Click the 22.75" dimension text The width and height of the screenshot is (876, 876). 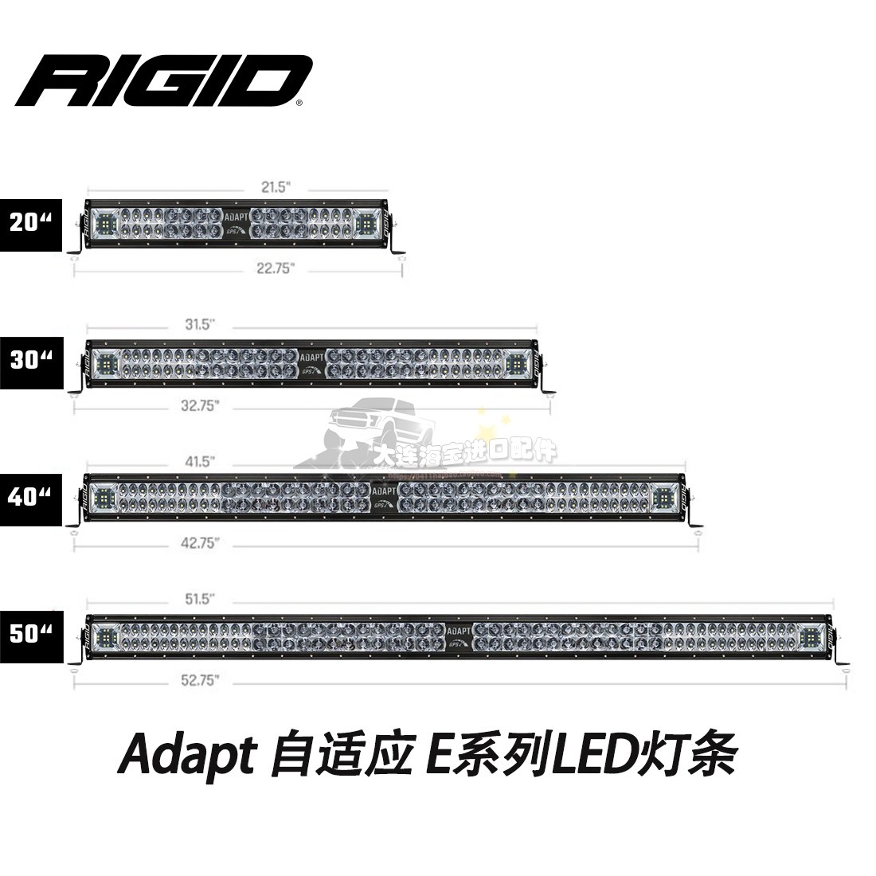pos(270,269)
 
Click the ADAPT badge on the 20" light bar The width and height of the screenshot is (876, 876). pos(235,216)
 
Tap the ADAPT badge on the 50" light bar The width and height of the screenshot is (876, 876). pos(456,628)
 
